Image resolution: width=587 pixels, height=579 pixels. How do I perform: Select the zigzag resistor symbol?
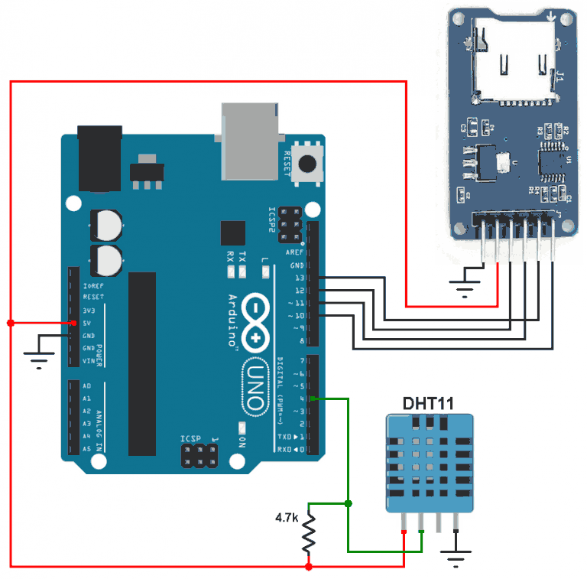coord(308,534)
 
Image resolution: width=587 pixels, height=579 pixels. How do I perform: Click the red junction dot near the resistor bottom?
coord(308,567)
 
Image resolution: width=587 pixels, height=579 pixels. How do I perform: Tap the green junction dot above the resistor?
coord(348,503)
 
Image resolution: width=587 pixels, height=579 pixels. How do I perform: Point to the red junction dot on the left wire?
coord(11,323)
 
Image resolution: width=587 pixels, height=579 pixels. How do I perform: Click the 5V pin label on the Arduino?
coord(87,323)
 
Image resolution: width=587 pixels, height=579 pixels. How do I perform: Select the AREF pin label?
coord(294,252)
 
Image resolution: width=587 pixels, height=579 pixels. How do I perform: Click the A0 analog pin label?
coord(86,386)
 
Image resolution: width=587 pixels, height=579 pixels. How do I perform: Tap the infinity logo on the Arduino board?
coord(255,317)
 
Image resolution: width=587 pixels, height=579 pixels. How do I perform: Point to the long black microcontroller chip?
coord(142,363)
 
